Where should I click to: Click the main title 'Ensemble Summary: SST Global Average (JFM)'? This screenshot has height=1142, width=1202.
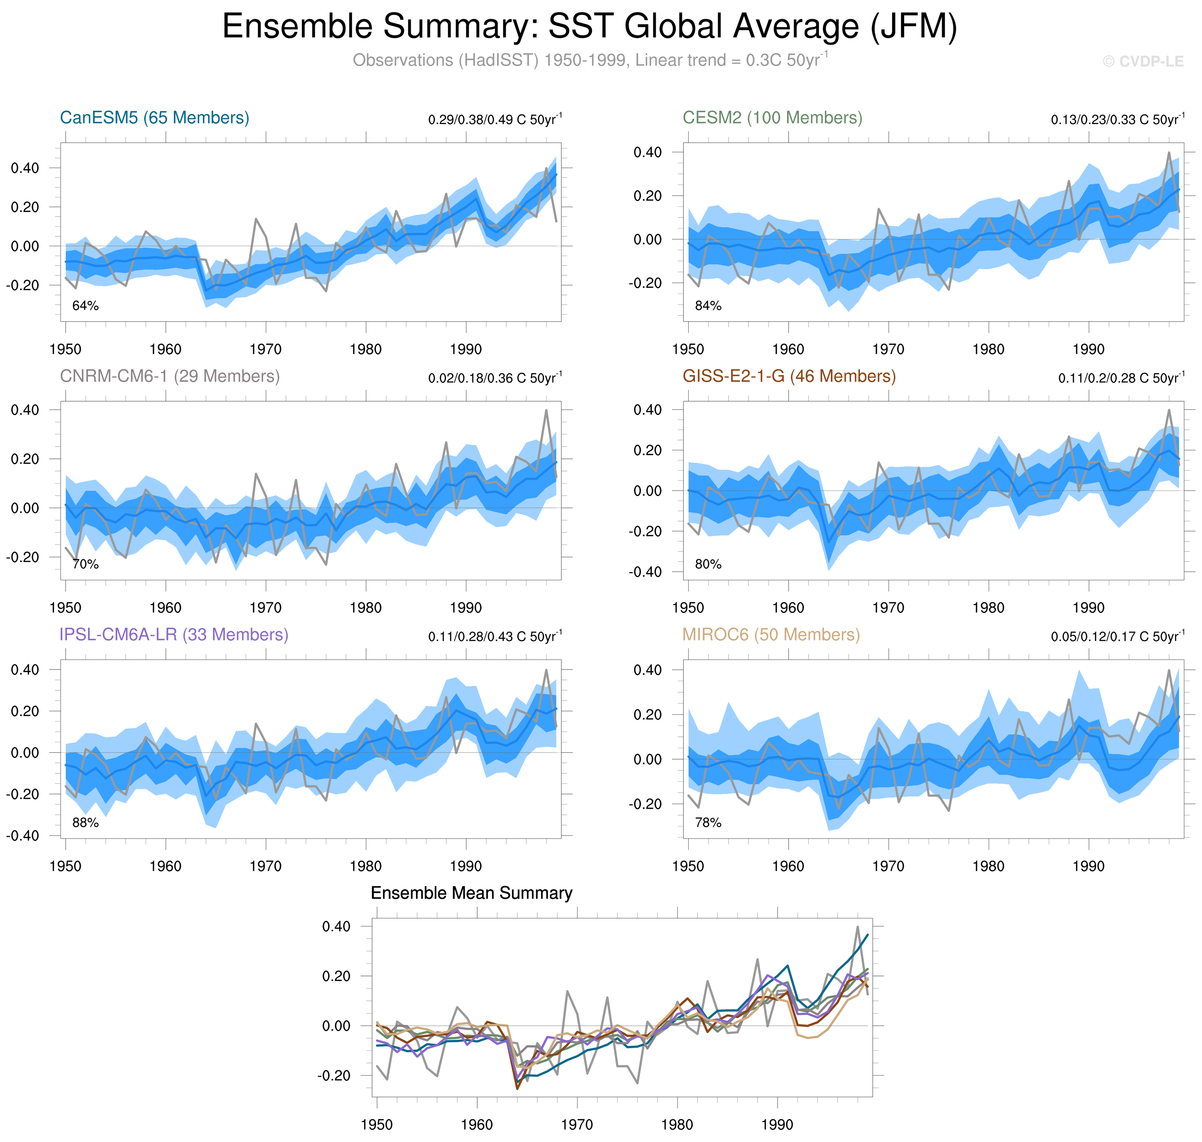tap(589, 27)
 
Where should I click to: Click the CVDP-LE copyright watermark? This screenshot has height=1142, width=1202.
tap(1143, 62)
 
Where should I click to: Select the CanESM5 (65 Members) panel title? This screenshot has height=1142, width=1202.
tap(155, 117)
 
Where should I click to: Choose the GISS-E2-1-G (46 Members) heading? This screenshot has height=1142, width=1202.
tap(789, 376)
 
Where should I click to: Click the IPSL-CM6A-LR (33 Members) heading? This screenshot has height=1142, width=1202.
tap(173, 634)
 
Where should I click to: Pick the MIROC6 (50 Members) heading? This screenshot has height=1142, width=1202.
tap(771, 634)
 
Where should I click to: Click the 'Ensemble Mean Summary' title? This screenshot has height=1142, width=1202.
tap(472, 893)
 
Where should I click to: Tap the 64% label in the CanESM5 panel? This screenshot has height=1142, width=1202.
tap(85, 306)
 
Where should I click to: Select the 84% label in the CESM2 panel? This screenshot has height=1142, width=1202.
tap(708, 306)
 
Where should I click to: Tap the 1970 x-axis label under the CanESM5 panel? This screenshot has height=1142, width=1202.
tap(265, 350)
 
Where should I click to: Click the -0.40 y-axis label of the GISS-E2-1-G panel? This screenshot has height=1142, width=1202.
tap(646, 572)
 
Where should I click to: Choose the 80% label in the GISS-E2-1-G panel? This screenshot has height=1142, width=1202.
tap(708, 564)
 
